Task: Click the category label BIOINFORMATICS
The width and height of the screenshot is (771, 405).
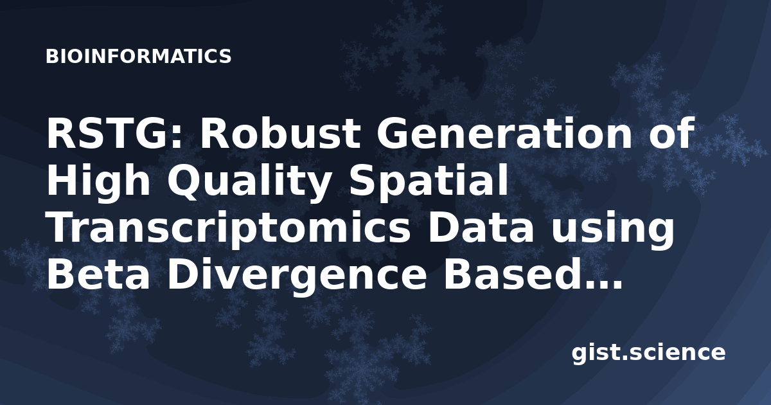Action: [x=138, y=57]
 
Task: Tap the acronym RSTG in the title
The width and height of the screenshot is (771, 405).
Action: [x=110, y=133]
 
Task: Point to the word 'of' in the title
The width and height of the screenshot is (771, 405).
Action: [x=670, y=133]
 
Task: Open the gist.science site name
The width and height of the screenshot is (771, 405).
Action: [x=648, y=353]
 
